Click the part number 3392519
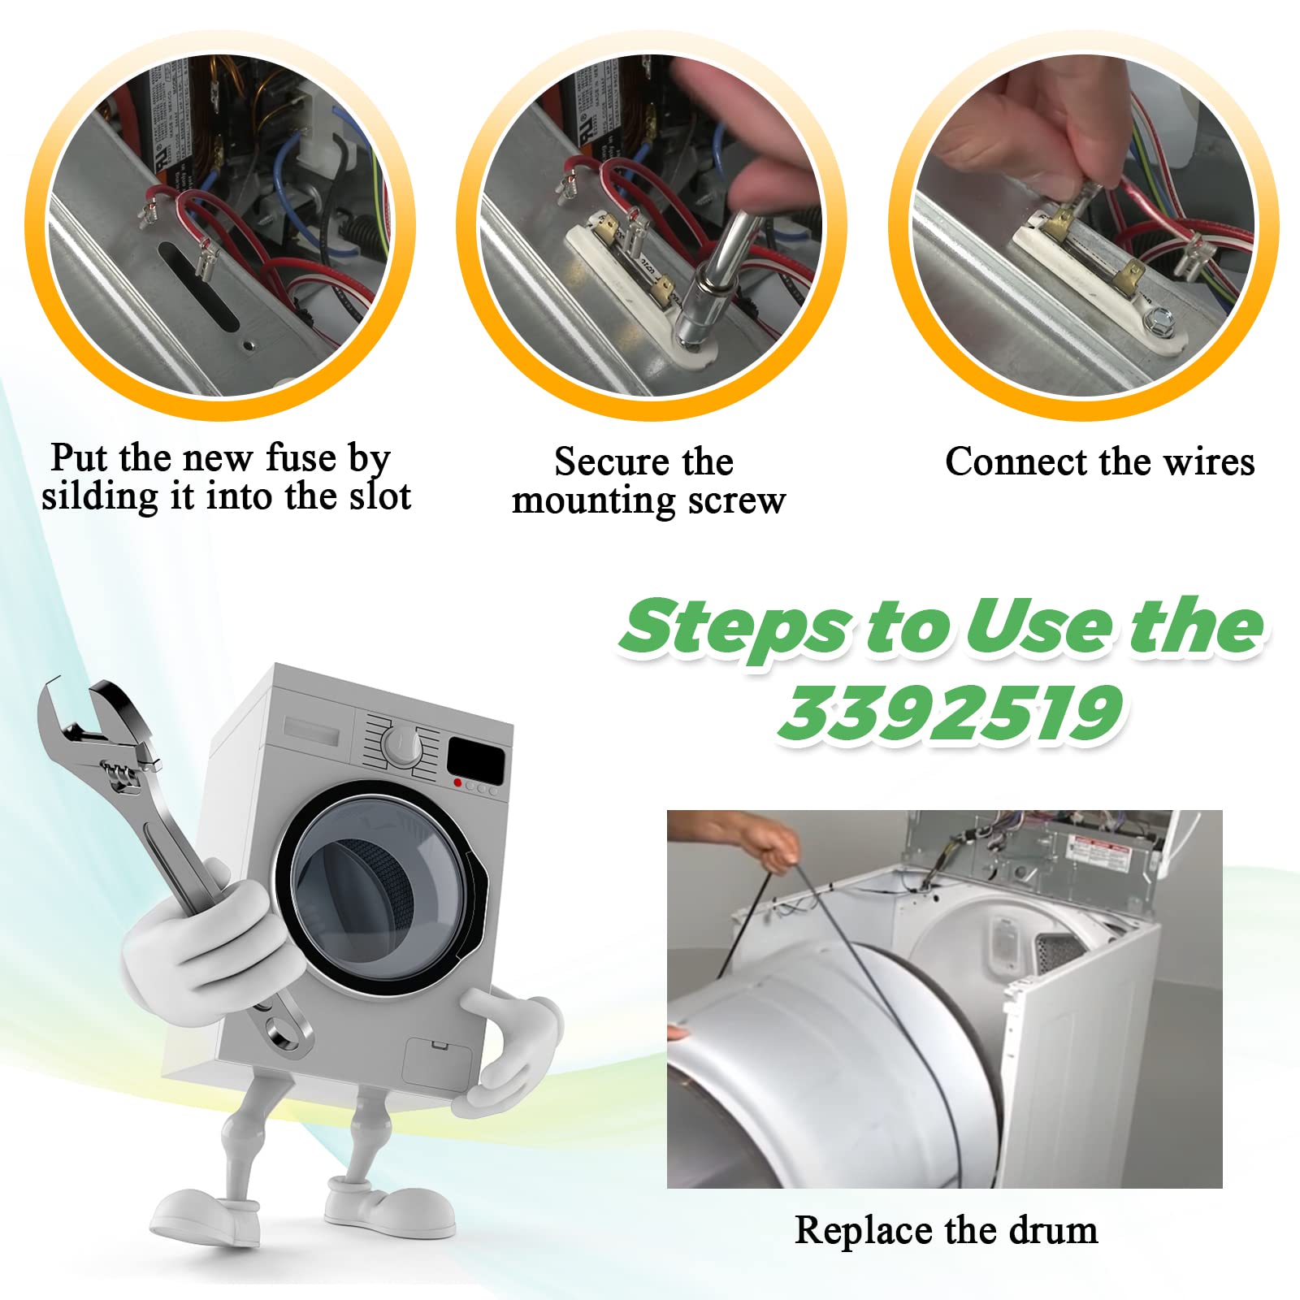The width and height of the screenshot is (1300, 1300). [951, 713]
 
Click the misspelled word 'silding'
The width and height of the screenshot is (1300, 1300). [100, 497]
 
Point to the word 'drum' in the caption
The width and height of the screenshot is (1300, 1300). [1053, 1230]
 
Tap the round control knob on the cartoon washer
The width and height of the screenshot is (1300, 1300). [401, 744]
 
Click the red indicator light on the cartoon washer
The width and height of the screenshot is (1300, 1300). [459, 783]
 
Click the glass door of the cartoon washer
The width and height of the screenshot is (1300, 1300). [377, 893]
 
